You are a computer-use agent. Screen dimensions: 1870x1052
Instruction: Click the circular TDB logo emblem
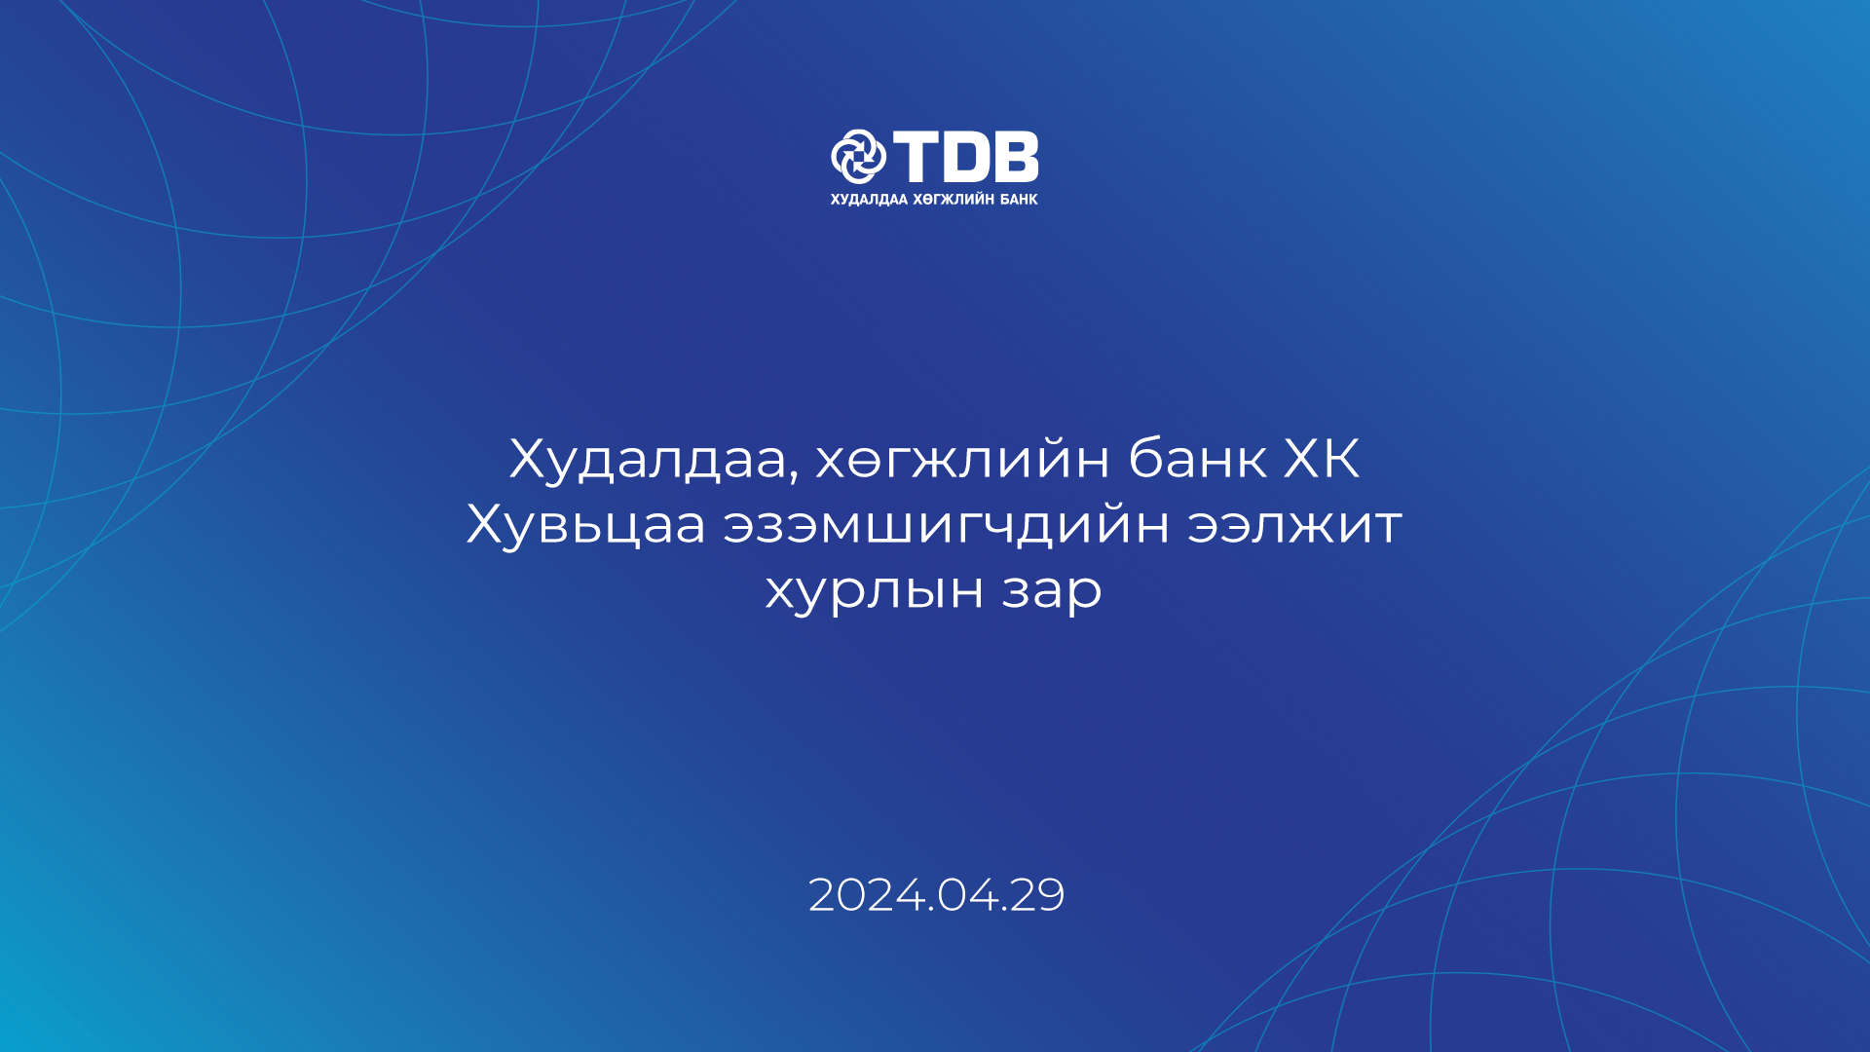[x=858, y=156]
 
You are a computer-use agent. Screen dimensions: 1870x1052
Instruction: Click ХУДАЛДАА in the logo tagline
[x=869, y=200]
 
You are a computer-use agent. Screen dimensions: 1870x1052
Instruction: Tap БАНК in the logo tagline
[x=1019, y=200]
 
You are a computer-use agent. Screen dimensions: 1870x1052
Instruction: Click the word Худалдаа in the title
[x=648, y=460]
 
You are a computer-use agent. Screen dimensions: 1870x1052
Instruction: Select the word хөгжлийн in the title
[x=962, y=460]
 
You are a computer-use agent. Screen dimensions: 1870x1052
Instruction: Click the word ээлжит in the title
[x=1295, y=525]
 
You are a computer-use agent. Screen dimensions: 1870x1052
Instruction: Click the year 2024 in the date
[x=867, y=895]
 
